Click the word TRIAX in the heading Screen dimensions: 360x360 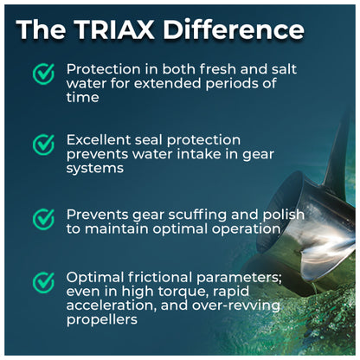pyautogui.click(x=115, y=29)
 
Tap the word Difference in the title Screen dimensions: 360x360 pyautogui.click(x=234, y=29)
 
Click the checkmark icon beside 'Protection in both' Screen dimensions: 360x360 pyautogui.click(x=43, y=74)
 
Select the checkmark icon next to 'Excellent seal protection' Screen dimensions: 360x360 pyautogui.click(x=43, y=145)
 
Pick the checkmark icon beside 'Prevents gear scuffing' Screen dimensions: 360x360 pyautogui.click(x=43, y=220)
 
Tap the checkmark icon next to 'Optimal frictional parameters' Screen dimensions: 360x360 pyautogui.click(x=43, y=283)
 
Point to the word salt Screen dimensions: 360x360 pyautogui.click(x=284, y=69)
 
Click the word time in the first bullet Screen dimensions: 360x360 pyautogui.click(x=83, y=97)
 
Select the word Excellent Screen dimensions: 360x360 pyautogui.click(x=99, y=140)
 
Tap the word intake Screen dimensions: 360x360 pyautogui.click(x=198, y=154)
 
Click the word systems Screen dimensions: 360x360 pyautogui.click(x=95, y=169)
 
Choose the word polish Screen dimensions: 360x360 pyautogui.click(x=284, y=215)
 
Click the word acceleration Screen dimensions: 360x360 pyautogui.click(x=112, y=305)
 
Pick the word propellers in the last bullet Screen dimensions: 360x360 pyautogui.click(x=102, y=320)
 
